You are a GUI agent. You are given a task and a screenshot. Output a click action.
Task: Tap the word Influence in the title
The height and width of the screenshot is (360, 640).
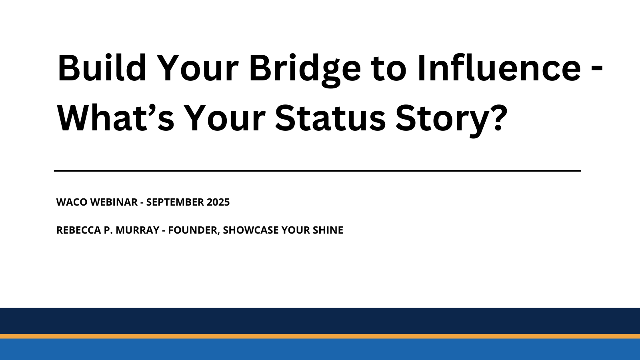[498, 68]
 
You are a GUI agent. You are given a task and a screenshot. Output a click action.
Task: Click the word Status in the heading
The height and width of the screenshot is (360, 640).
[330, 118]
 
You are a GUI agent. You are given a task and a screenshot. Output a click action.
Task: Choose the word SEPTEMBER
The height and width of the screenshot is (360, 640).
[174, 202]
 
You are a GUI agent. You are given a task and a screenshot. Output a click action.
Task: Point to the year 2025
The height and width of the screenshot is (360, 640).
[218, 202]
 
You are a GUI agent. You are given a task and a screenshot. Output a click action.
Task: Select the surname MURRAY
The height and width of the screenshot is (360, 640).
[138, 230]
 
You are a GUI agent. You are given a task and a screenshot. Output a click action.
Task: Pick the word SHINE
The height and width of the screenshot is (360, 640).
[329, 230]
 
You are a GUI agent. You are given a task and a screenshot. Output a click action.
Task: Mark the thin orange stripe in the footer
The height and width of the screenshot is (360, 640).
[320, 336]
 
